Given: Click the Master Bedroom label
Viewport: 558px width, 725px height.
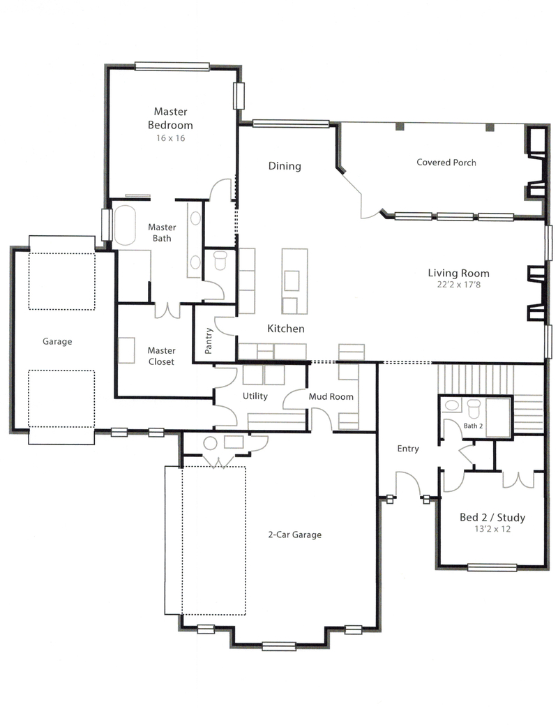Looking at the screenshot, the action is [x=170, y=119].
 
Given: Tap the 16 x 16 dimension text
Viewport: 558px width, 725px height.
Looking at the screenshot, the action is [x=170, y=137].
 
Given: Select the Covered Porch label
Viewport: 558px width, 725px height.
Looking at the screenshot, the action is [x=446, y=163].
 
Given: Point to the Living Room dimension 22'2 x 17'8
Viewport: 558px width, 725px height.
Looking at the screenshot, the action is [x=458, y=285].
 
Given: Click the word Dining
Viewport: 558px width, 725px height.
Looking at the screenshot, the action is [x=285, y=166].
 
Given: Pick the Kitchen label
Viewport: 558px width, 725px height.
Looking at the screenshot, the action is [x=286, y=329].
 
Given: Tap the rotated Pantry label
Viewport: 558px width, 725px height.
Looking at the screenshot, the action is [x=209, y=341].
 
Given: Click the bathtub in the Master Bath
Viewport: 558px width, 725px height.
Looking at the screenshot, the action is [x=125, y=225].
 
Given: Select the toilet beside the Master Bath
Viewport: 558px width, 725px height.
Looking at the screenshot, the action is [x=220, y=260].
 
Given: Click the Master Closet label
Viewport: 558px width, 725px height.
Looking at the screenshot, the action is [x=161, y=356].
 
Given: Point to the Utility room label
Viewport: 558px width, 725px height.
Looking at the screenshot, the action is [x=255, y=396].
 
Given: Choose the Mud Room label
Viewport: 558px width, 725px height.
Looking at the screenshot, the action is [x=331, y=396].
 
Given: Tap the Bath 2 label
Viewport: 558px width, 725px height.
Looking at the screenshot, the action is [x=473, y=426].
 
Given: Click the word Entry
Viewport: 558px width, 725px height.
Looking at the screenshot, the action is [x=408, y=449].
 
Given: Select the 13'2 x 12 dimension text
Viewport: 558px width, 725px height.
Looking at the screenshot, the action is [x=492, y=529].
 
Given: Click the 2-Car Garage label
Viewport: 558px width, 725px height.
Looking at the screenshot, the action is [x=294, y=535].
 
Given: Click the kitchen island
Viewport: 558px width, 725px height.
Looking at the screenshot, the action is [x=294, y=281].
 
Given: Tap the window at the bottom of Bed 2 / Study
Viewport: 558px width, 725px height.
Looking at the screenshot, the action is [x=492, y=567].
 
